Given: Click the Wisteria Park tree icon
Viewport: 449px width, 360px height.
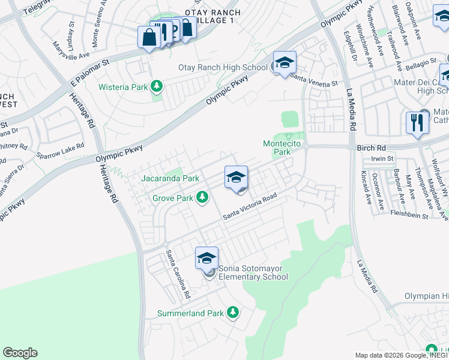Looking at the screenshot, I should click(157, 86).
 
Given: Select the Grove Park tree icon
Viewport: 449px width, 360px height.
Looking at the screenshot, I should click(203, 197).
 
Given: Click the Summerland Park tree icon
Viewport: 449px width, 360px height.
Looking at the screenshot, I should click(233, 313).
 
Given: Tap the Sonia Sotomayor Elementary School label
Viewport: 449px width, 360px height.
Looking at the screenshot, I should click(253, 272).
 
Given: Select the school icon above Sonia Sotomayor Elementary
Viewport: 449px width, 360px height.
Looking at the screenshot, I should click(206, 258).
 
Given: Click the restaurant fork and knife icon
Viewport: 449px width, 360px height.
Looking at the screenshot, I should click(417, 122).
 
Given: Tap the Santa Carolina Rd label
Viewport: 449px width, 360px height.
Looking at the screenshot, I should click(178, 274).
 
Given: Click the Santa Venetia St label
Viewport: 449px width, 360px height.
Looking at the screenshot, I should click(314, 76).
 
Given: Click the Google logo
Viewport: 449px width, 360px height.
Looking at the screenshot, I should click(20, 353).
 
